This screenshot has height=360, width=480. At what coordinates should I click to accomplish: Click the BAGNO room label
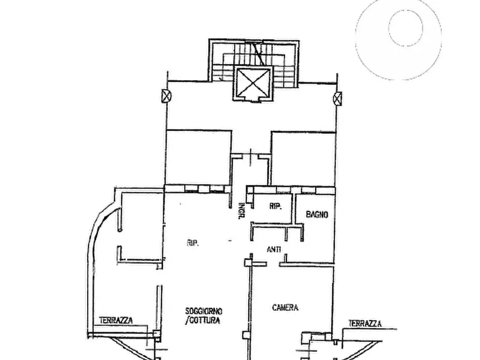point(317,214)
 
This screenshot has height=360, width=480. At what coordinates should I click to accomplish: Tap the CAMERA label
point(285,307)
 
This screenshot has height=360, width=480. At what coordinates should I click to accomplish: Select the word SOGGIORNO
point(204,311)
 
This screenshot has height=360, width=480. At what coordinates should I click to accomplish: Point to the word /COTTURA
point(203,321)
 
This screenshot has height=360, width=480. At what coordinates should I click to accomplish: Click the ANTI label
point(274,250)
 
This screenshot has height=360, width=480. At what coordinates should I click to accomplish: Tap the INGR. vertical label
point(241,211)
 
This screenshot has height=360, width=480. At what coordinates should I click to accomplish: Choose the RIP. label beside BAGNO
point(276,206)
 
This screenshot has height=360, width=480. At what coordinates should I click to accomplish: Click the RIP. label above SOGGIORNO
point(193,243)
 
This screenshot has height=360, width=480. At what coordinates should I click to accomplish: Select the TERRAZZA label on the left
point(116,321)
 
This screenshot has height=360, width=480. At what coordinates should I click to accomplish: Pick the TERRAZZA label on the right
point(365,323)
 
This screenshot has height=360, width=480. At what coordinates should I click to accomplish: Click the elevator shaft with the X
point(253,82)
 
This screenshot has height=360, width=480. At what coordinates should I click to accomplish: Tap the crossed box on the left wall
point(166,96)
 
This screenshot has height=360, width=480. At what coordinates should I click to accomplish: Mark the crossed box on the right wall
point(337,98)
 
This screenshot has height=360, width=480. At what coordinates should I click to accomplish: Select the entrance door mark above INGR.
point(250,157)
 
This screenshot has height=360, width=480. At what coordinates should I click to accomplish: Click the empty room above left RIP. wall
point(198,157)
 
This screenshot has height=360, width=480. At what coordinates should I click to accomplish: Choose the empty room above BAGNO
point(303,159)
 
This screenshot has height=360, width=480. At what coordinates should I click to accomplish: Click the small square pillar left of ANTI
point(248,262)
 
